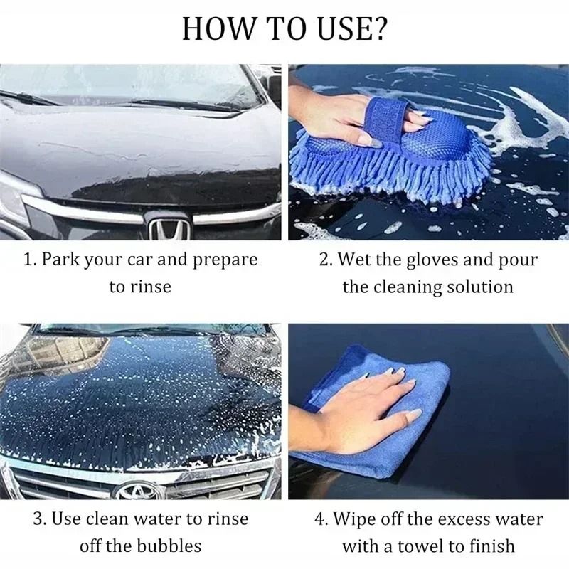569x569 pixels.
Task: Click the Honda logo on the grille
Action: coord(169,228)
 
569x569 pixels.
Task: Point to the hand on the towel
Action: coord(363,409)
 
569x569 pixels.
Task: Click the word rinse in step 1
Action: coord(150,286)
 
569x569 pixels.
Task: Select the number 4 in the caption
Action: coord(320,519)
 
